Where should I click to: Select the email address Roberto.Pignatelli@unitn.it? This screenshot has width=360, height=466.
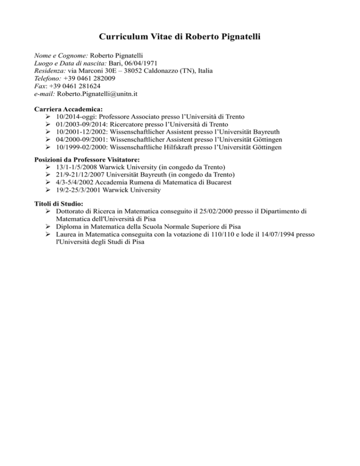97,94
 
